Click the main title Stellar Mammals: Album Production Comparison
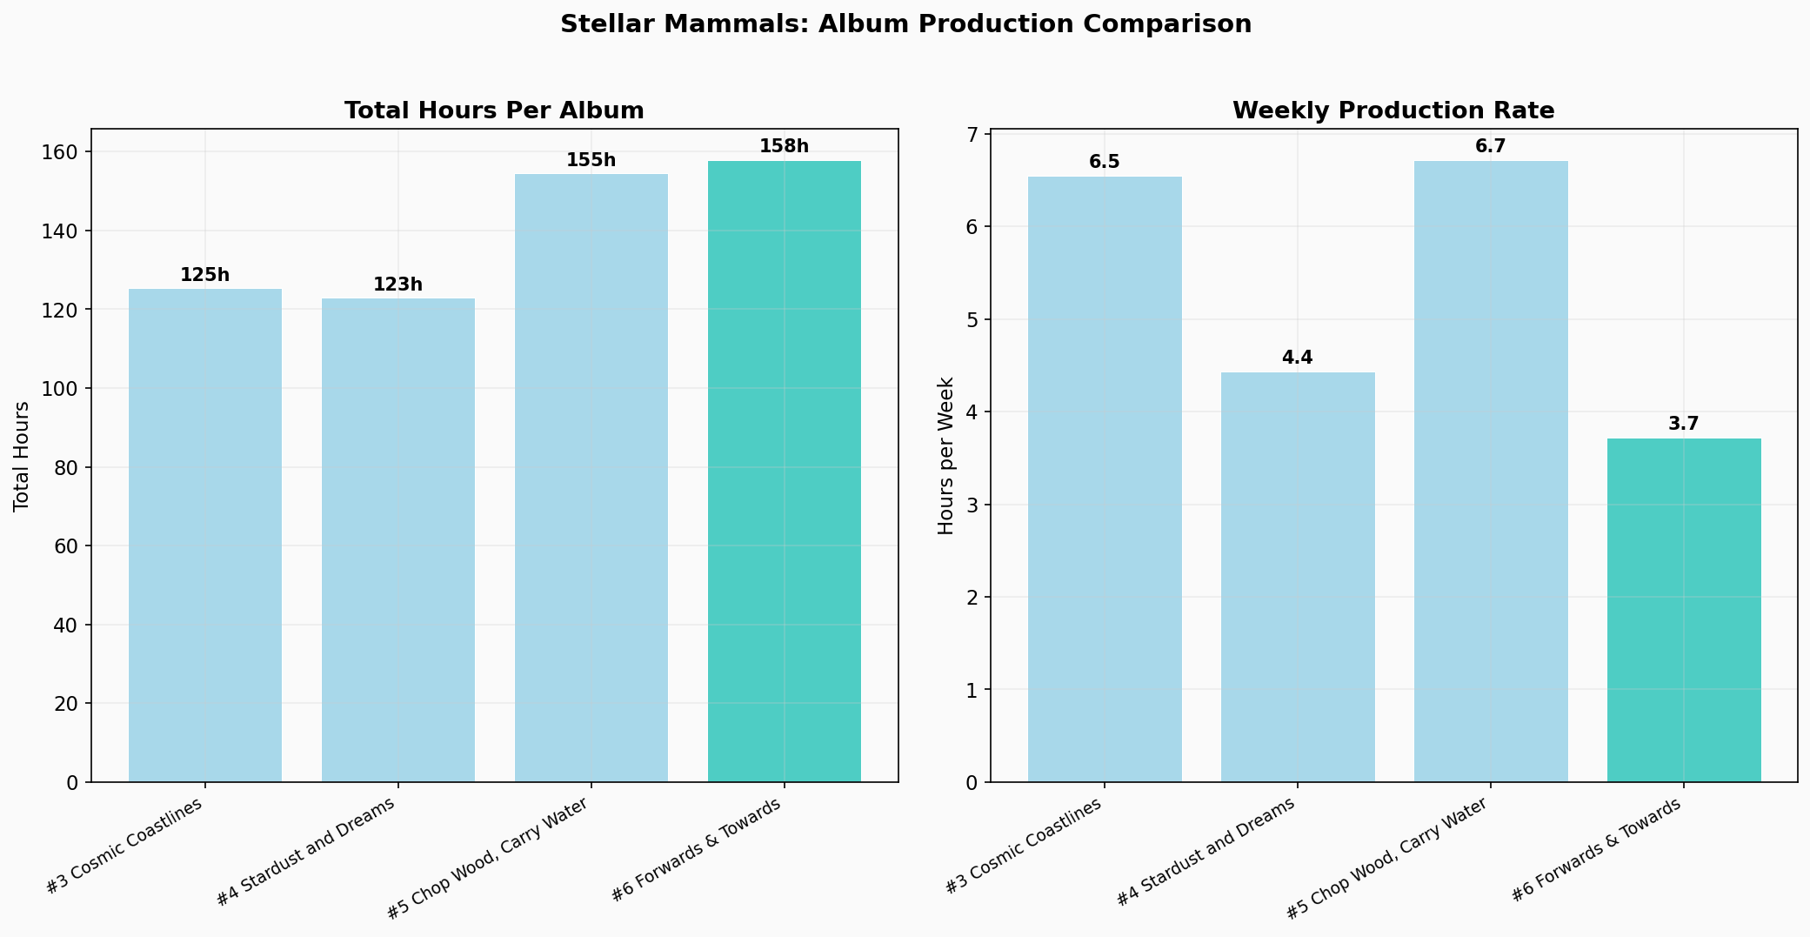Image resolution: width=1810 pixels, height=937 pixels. (x=905, y=24)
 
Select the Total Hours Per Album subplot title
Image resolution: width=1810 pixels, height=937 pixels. (x=494, y=111)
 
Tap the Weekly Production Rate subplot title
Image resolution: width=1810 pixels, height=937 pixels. (x=1393, y=111)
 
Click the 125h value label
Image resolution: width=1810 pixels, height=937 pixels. (x=205, y=275)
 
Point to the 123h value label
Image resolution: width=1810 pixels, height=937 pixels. (x=398, y=284)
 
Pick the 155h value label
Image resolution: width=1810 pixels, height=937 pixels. (x=591, y=160)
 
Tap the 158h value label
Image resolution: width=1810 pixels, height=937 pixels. (x=784, y=146)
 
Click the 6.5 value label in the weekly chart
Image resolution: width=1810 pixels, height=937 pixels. (x=1105, y=162)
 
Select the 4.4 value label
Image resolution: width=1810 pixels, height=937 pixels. (x=1298, y=358)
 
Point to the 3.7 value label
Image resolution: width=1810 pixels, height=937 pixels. (x=1684, y=424)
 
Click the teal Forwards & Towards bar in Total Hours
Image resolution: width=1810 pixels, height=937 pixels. (x=784, y=470)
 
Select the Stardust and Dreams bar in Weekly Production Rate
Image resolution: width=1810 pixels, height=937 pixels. (x=1298, y=574)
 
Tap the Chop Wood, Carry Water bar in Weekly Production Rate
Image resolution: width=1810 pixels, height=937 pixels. (x=1491, y=470)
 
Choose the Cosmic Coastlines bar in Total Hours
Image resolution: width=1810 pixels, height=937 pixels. (x=205, y=531)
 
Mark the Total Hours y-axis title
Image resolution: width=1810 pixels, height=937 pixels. (x=22, y=456)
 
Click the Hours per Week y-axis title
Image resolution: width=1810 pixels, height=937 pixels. (x=946, y=456)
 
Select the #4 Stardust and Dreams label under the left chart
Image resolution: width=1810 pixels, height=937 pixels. (x=306, y=851)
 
